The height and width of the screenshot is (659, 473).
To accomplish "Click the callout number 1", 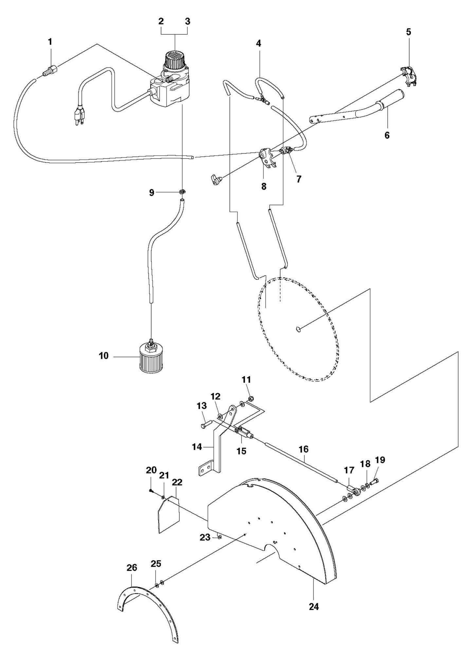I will [x=50, y=42].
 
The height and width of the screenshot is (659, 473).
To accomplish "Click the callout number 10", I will [x=103, y=356].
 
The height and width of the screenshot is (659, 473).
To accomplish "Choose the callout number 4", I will [x=258, y=44].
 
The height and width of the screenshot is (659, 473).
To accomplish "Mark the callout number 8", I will [x=264, y=186].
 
